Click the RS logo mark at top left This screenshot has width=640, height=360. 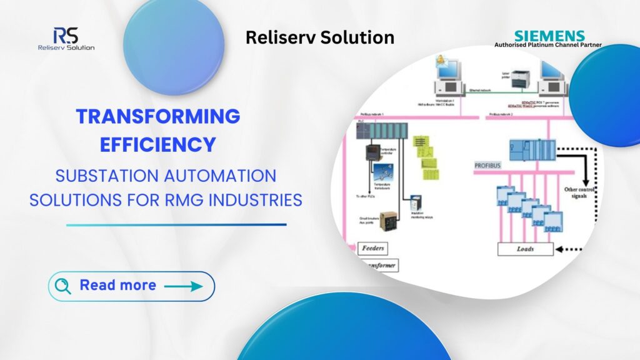coord(65,35)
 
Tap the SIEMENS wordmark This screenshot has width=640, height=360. coord(549,36)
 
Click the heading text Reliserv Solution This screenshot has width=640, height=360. coord(319,37)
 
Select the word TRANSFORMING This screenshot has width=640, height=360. coord(158,116)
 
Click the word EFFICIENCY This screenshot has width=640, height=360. coord(158,144)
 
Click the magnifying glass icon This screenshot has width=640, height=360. coord(63,286)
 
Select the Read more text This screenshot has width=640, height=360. coord(117,286)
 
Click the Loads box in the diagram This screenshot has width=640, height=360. coord(525,249)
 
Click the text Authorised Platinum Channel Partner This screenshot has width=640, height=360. coord(547,45)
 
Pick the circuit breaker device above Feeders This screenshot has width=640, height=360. coord(388,220)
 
